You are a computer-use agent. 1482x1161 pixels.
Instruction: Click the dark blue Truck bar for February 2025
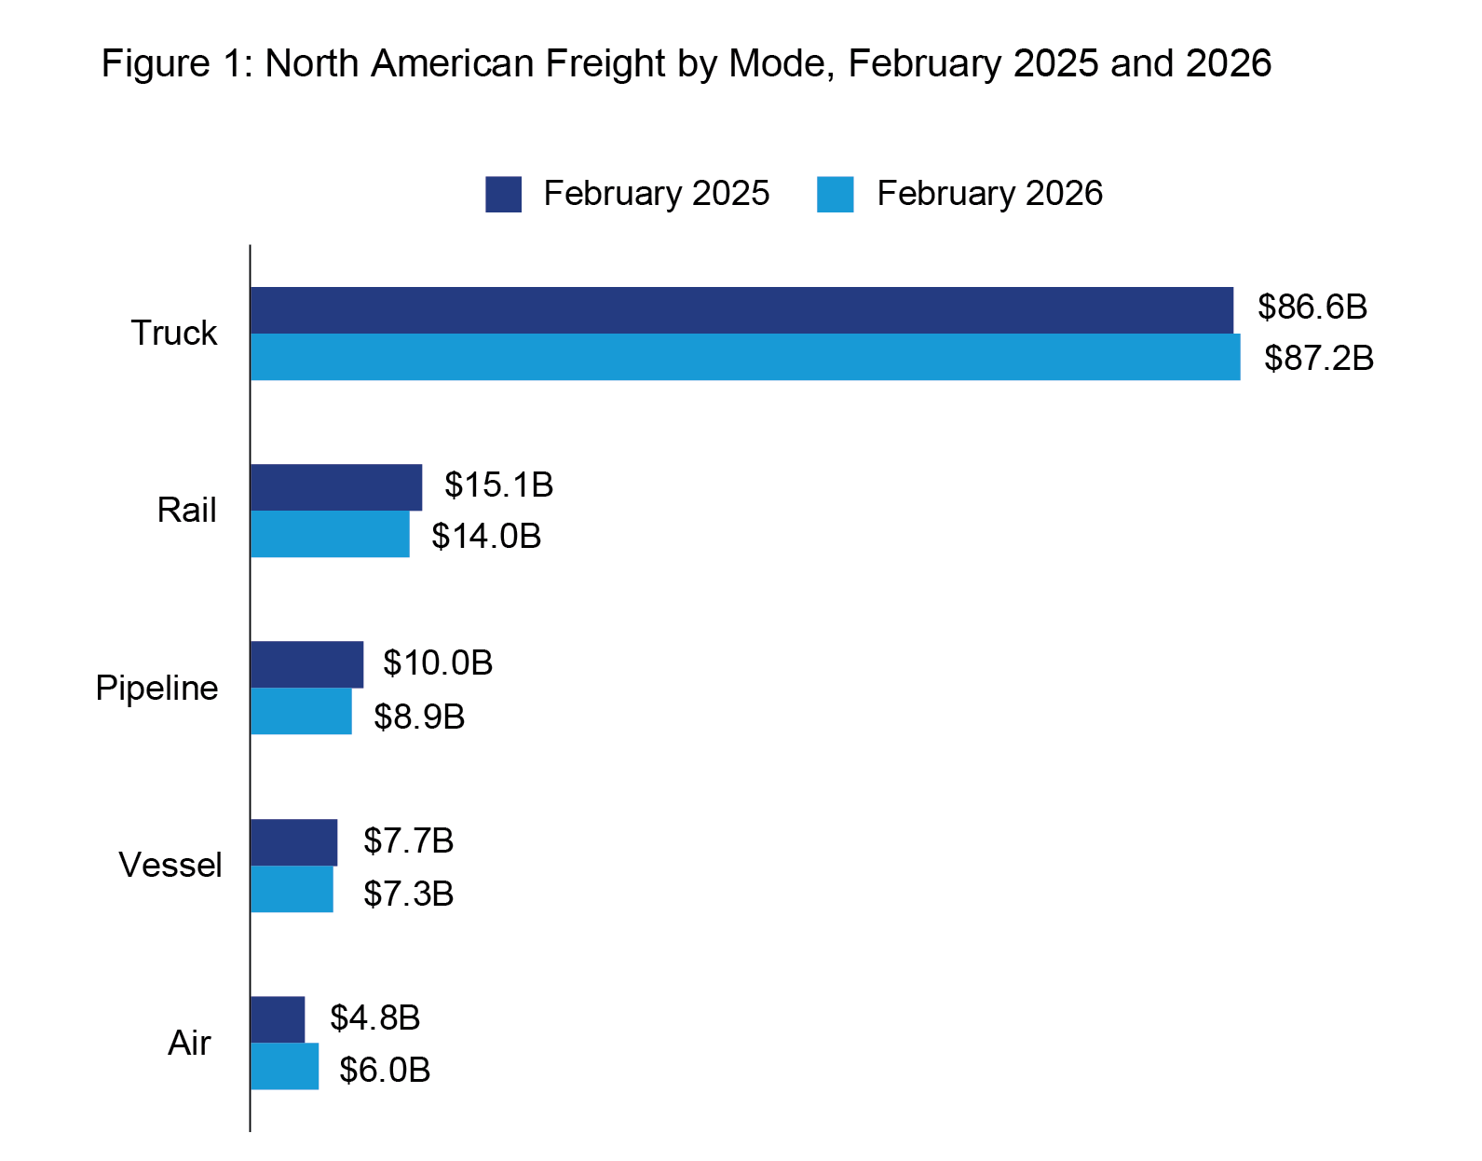pyautogui.click(x=741, y=310)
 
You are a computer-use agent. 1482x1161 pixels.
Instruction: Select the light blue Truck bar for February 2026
pyautogui.click(x=745, y=357)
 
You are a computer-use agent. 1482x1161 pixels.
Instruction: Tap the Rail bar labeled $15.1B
pyautogui.click(x=335, y=487)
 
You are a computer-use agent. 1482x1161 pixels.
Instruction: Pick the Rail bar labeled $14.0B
pyautogui.click(x=330, y=534)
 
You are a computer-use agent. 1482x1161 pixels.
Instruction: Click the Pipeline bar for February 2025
pyautogui.click(x=306, y=664)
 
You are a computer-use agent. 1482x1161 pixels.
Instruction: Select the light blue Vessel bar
pyautogui.click(x=292, y=889)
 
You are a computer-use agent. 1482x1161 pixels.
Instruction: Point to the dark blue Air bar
pyautogui.click(x=278, y=1019)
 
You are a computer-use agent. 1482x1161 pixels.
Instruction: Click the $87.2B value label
pyautogui.click(x=1319, y=358)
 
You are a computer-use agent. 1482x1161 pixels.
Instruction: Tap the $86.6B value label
pyautogui.click(x=1312, y=307)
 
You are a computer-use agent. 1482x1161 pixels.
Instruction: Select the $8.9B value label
pyautogui.click(x=419, y=717)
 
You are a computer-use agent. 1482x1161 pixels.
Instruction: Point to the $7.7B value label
pyautogui.click(x=408, y=840)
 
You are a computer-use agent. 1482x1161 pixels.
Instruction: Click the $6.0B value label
pyautogui.click(x=385, y=1070)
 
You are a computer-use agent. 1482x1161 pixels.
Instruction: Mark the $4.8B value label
pyautogui.click(x=374, y=1018)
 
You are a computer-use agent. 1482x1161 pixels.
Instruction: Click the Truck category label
pyautogui.click(x=173, y=333)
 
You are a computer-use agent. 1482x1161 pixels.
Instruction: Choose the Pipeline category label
pyautogui.click(x=156, y=688)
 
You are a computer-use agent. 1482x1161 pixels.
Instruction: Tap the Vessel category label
pyautogui.click(x=170, y=865)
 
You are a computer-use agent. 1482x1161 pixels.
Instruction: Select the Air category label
pyautogui.click(x=189, y=1043)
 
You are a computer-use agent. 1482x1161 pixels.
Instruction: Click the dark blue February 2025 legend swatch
pyautogui.click(x=503, y=194)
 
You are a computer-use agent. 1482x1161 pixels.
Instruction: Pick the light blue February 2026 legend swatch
pyautogui.click(x=835, y=194)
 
